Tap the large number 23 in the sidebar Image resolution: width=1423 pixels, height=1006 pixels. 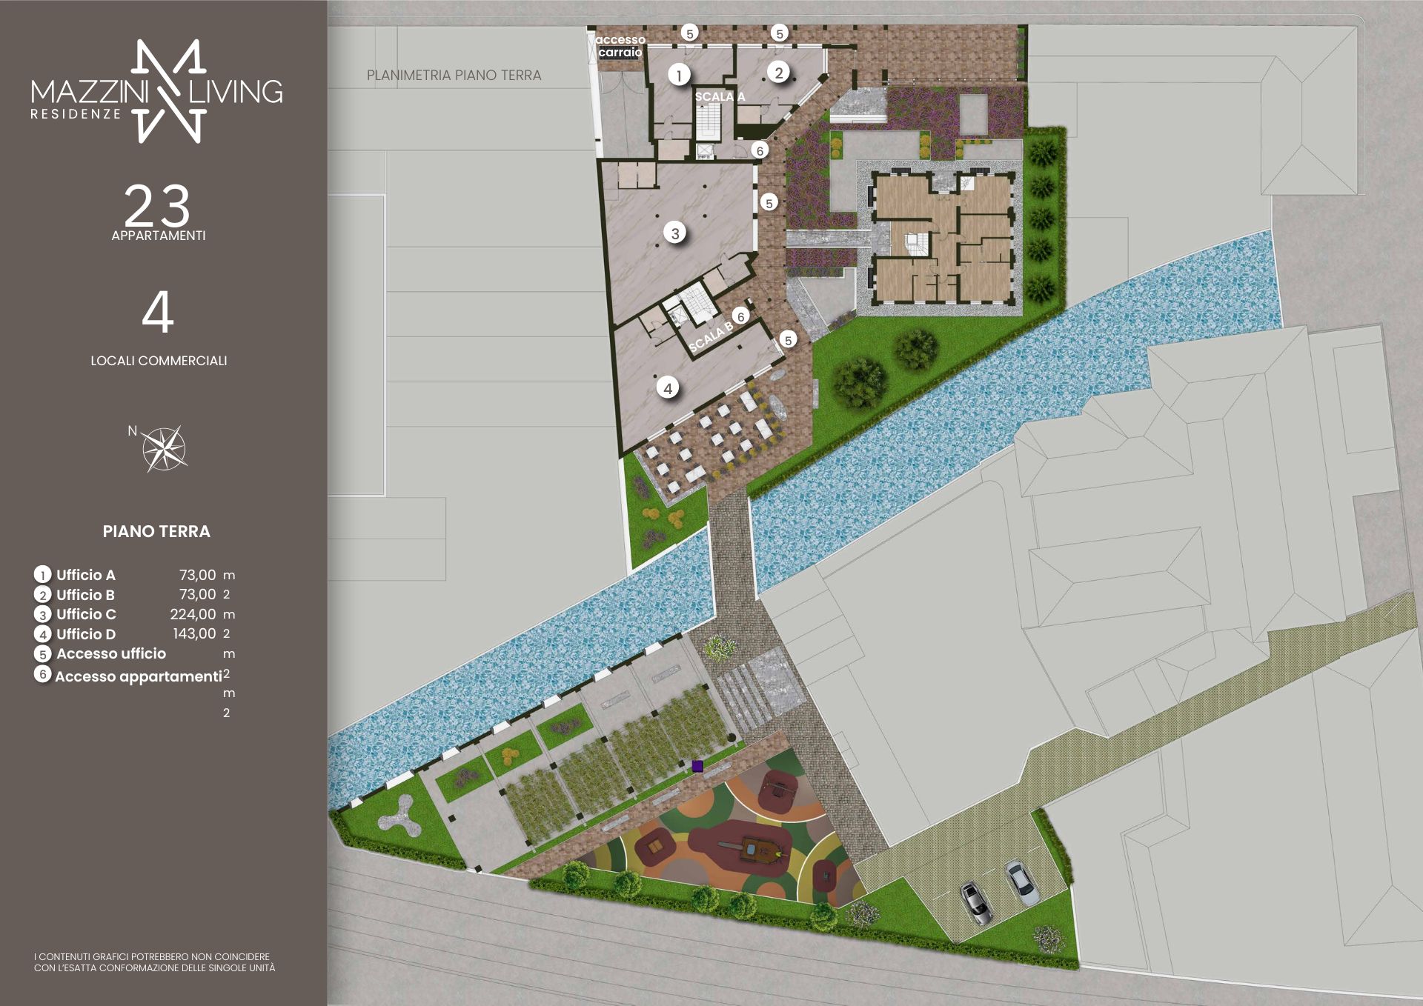(x=157, y=206)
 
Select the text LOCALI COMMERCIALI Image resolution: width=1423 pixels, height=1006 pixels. (x=159, y=361)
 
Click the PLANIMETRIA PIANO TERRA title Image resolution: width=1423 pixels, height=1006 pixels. (x=454, y=75)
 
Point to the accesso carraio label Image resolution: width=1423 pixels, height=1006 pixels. (x=620, y=46)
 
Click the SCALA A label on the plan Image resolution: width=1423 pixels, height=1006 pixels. (x=720, y=96)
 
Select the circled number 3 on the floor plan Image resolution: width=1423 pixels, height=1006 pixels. (x=675, y=233)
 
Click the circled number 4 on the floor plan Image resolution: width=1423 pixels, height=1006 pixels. (x=668, y=387)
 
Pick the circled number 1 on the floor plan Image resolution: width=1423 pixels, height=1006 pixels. (x=679, y=74)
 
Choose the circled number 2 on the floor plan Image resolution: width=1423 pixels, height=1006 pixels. (x=778, y=73)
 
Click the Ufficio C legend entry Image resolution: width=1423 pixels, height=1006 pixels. (x=86, y=614)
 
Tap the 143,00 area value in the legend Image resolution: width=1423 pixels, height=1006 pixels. (x=194, y=633)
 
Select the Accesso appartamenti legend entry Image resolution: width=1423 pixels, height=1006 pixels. (x=138, y=676)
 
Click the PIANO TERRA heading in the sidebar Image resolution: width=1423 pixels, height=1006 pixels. (x=156, y=531)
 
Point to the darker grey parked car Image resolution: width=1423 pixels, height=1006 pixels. (x=976, y=904)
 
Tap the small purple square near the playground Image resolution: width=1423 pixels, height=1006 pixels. (x=697, y=766)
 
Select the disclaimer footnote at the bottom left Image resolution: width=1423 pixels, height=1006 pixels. (x=154, y=962)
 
